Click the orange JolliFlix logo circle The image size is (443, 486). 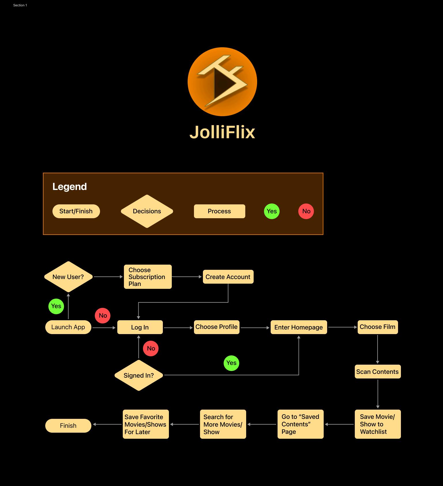click(222, 82)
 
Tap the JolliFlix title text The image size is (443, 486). click(222, 132)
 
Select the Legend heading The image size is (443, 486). click(69, 187)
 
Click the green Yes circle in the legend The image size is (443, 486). click(272, 211)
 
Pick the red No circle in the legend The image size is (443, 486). click(306, 211)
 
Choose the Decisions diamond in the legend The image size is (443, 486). click(147, 211)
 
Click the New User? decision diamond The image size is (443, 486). click(68, 277)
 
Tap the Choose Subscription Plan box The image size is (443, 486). click(148, 277)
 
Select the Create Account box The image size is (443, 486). click(228, 277)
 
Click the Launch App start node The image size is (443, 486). click(68, 327)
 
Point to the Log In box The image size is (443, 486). click(140, 327)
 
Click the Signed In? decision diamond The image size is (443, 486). click(139, 375)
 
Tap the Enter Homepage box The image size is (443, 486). click(299, 327)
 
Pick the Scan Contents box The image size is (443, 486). click(378, 372)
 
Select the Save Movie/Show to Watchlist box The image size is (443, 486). click(378, 424)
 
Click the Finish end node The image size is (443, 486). click(68, 426)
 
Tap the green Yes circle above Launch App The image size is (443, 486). click(56, 306)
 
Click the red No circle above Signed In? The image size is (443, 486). click(151, 349)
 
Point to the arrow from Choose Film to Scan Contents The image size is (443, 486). click(378, 349)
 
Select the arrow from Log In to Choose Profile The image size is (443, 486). click(178, 328)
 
